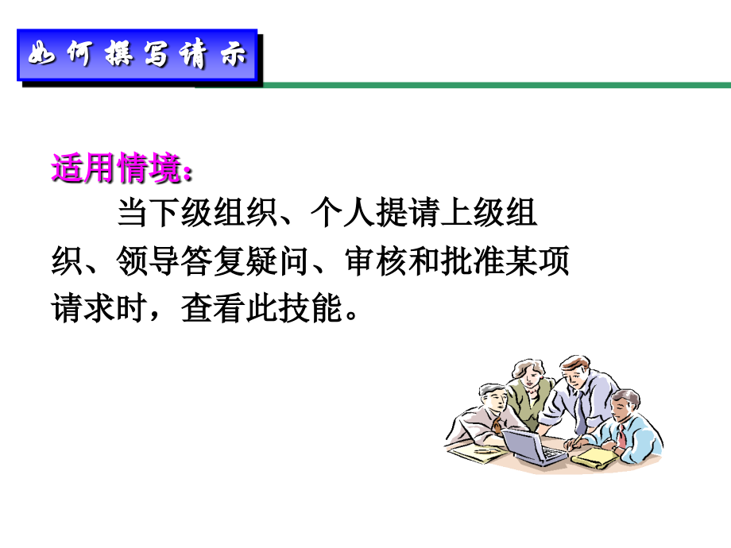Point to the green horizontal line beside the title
(x=493, y=84)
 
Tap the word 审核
(x=370, y=262)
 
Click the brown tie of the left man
(x=497, y=425)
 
